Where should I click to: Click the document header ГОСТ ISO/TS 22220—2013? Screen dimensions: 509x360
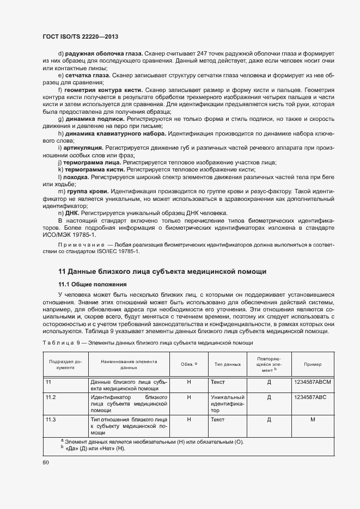(80, 36)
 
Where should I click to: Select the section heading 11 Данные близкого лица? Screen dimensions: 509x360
(162, 271)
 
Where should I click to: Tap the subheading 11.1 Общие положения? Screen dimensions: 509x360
(92, 284)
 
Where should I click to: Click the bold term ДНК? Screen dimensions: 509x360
(72, 213)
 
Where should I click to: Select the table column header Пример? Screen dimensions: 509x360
(312, 364)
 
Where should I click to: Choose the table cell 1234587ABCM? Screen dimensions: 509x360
(312, 383)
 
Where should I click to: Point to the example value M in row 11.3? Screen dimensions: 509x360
(312, 420)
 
